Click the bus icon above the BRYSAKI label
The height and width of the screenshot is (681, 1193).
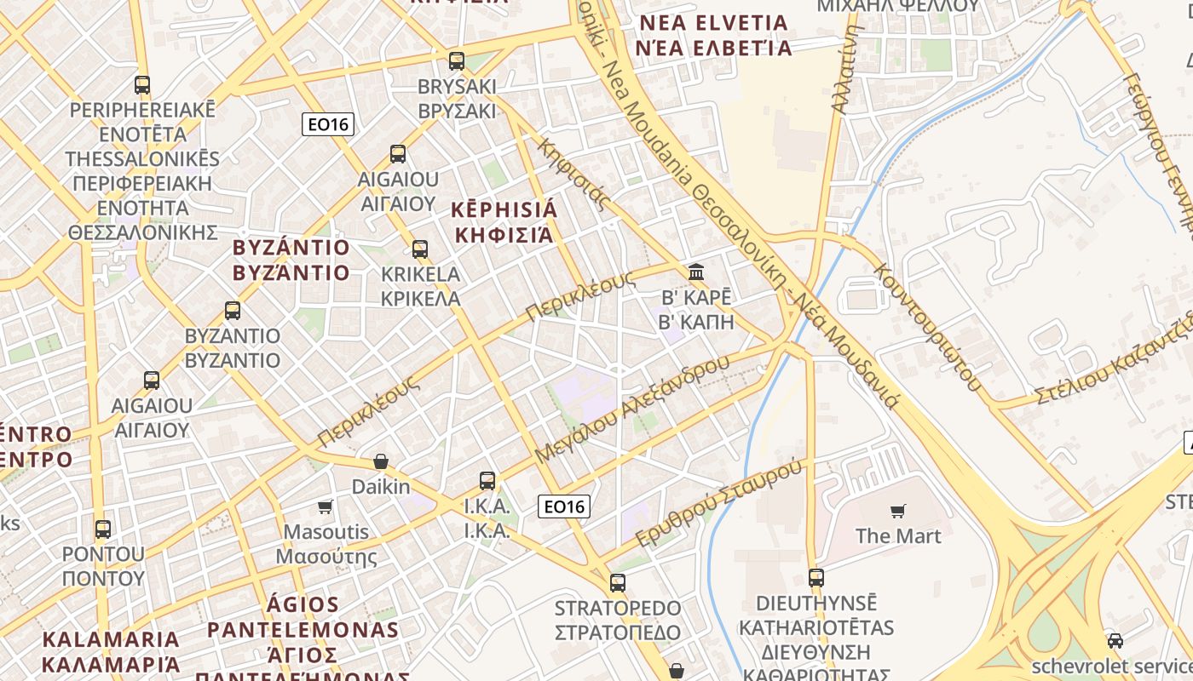pyautogui.click(x=457, y=60)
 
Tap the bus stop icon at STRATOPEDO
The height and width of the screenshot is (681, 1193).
pyautogui.click(x=618, y=583)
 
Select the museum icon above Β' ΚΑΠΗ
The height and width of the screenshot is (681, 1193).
pyautogui.click(x=696, y=272)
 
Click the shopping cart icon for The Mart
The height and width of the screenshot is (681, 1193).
pyautogui.click(x=898, y=511)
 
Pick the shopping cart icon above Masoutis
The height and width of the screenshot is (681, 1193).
pyautogui.click(x=325, y=507)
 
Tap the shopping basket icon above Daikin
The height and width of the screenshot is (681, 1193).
pyautogui.click(x=381, y=461)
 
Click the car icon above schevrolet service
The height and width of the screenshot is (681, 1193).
pyautogui.click(x=1115, y=640)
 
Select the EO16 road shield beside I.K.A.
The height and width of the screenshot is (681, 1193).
pyautogui.click(x=564, y=506)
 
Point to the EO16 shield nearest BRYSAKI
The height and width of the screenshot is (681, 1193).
pyautogui.click(x=328, y=124)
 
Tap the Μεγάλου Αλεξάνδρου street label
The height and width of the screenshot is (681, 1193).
pyautogui.click(x=631, y=409)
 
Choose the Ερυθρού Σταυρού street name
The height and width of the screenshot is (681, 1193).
pyautogui.click(x=720, y=503)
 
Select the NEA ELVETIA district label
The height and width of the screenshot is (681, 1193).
pyautogui.click(x=714, y=23)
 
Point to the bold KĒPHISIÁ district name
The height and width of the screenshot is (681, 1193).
pyautogui.click(x=504, y=210)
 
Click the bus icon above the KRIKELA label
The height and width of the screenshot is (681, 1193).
pyautogui.click(x=420, y=249)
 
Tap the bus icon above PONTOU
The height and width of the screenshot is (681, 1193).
pyautogui.click(x=103, y=529)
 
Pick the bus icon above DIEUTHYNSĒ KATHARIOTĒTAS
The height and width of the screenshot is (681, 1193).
pyautogui.click(x=816, y=577)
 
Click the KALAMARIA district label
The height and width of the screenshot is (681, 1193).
pyautogui.click(x=111, y=639)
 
